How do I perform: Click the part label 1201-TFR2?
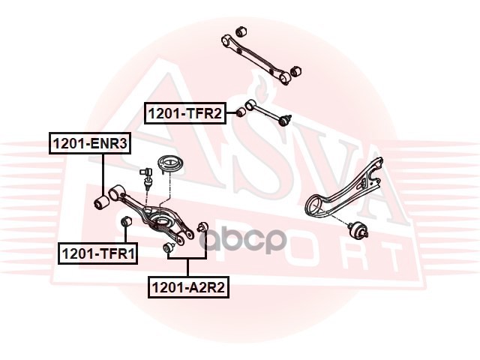click(185, 113)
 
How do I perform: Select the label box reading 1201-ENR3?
click(90, 143)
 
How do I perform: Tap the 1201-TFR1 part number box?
click(98, 253)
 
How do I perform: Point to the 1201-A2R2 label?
click(188, 287)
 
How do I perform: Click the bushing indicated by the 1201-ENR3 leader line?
click(100, 202)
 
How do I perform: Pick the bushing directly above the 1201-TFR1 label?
click(125, 222)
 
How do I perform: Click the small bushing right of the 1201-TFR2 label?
click(241, 112)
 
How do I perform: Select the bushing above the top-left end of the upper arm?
click(241, 31)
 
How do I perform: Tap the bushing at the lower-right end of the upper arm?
click(295, 71)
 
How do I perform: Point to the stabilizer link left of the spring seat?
click(146, 178)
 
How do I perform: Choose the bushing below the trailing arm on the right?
click(358, 229)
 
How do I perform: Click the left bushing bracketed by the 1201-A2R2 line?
click(168, 247)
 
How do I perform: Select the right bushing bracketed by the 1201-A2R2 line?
click(202, 226)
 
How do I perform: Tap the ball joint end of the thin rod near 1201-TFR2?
click(286, 119)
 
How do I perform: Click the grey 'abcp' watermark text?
click(243, 239)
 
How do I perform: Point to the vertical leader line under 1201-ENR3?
click(103, 175)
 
